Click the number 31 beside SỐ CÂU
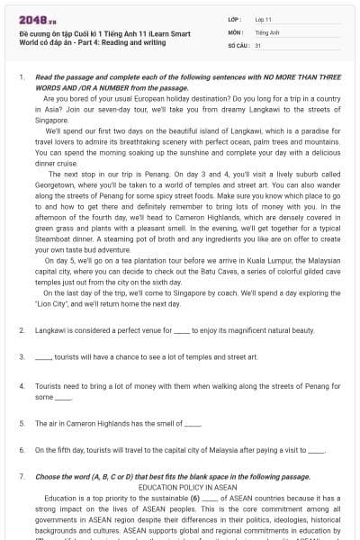click(258, 43)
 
